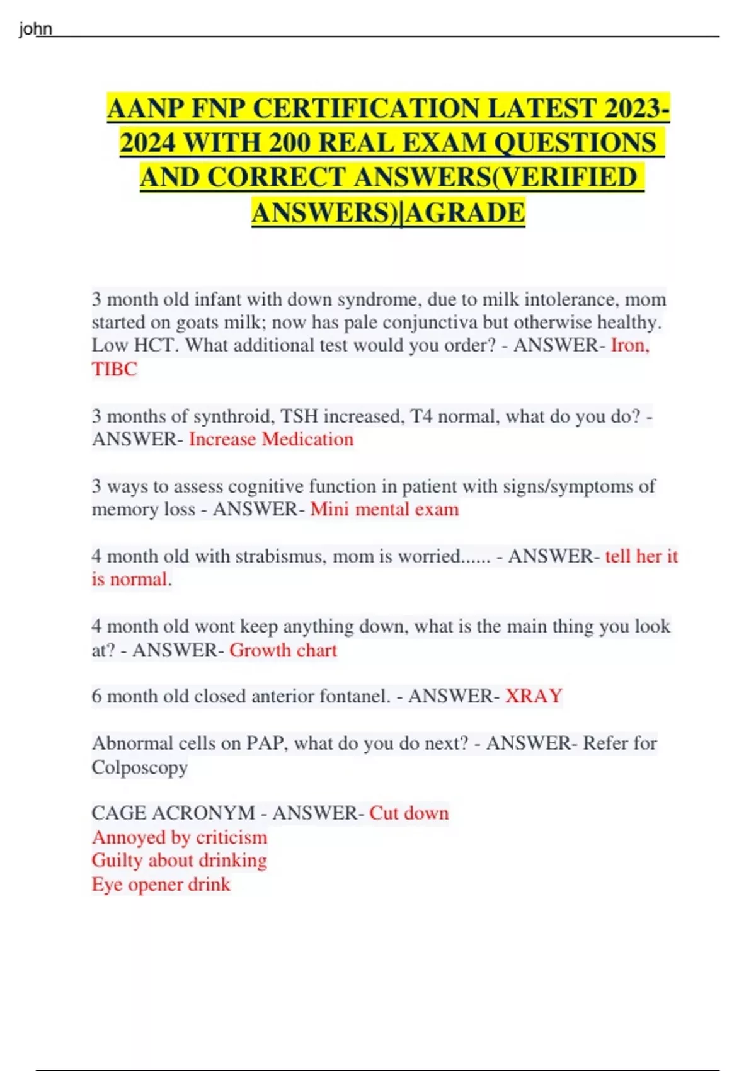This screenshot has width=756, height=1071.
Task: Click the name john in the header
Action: (35, 29)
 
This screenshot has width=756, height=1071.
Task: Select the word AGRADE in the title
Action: (465, 213)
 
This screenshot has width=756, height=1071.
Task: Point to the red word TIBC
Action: (114, 369)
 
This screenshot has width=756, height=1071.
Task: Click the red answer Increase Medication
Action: (271, 439)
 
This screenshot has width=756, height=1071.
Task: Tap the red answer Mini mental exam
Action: (384, 509)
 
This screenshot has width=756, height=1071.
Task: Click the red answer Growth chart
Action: (283, 650)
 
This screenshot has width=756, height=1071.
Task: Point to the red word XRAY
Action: (534, 696)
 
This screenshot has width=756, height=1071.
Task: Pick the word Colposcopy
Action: (139, 767)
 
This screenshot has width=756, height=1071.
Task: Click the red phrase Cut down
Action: (409, 813)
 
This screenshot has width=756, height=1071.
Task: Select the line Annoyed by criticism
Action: (180, 837)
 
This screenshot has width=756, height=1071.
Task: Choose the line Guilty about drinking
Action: (180, 861)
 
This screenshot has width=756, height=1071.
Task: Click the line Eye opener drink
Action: (161, 885)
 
